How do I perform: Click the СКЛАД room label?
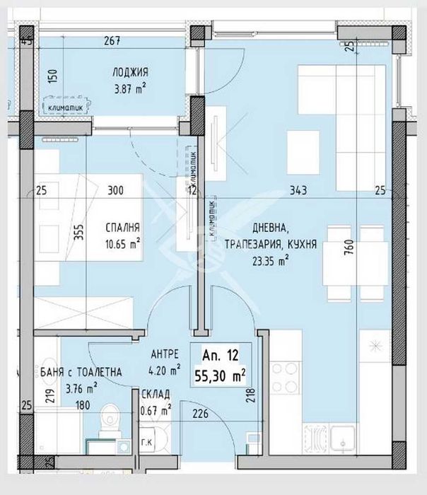coord(154,395)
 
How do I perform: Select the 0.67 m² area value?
coord(155,409)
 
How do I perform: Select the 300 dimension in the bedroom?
coord(115,190)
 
